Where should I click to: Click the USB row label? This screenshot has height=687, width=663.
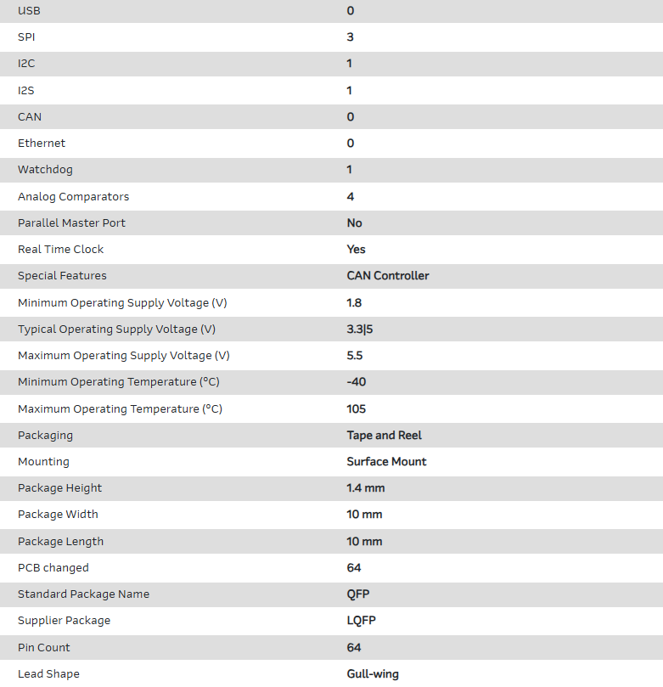(x=29, y=10)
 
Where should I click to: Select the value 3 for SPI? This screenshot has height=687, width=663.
(x=351, y=37)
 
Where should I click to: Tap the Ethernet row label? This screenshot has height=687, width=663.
(x=42, y=144)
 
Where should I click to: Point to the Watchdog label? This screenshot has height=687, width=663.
(x=43, y=170)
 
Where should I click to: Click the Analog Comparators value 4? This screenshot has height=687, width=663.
(x=351, y=196)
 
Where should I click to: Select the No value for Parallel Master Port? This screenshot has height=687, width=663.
(x=355, y=223)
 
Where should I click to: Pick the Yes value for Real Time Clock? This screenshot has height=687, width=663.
(x=357, y=250)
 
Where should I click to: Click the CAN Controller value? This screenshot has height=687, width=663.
(x=388, y=276)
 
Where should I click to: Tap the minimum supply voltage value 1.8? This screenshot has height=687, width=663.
(x=355, y=302)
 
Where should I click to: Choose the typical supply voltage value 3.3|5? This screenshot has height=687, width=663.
(x=360, y=329)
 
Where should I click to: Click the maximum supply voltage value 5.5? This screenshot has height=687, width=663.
(x=355, y=356)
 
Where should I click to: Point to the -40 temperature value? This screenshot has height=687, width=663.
(x=357, y=382)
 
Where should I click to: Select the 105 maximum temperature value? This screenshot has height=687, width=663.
(x=357, y=409)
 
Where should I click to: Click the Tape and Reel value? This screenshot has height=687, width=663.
(x=385, y=436)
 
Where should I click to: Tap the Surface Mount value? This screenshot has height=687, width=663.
(x=387, y=462)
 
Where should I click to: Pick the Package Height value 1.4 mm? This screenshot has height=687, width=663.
(x=366, y=488)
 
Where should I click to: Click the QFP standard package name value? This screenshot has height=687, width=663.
(x=358, y=594)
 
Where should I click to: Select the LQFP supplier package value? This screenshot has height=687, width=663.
(x=362, y=621)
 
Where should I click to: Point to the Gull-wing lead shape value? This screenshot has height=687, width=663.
(x=373, y=674)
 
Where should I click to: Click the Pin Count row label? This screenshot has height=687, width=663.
(x=44, y=648)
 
